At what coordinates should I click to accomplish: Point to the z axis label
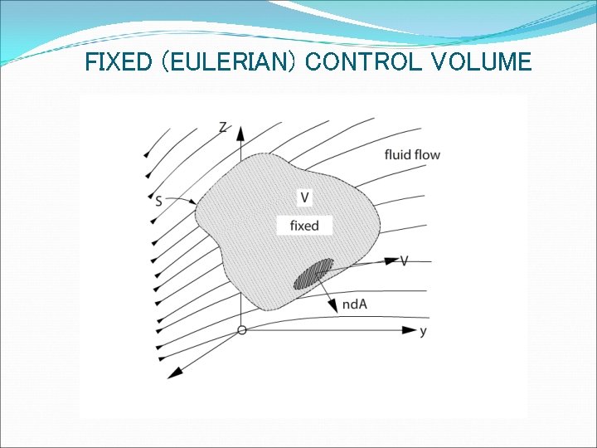(223, 127)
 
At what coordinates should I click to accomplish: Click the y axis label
(424, 331)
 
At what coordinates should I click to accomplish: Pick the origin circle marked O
(241, 330)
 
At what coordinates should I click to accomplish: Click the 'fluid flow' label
(412, 154)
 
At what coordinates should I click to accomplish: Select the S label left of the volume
(158, 201)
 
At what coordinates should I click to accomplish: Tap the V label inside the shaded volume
(305, 197)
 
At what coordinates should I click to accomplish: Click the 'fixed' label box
(304, 225)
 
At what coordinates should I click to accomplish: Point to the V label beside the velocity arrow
(404, 261)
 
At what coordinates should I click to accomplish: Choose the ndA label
(354, 304)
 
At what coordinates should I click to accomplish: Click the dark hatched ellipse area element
(313, 273)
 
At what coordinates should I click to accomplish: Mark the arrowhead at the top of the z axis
(240, 131)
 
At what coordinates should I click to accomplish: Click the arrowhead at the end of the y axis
(408, 330)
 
